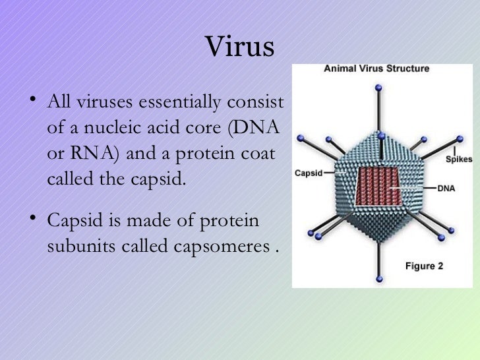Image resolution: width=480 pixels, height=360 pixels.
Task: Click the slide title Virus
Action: (239, 47)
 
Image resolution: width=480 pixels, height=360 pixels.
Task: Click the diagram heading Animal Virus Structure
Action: (376, 69)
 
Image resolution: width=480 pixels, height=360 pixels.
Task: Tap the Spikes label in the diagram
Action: (458, 159)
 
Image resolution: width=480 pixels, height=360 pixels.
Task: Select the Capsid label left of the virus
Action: (308, 173)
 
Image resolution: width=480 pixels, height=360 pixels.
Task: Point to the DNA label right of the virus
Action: (446, 188)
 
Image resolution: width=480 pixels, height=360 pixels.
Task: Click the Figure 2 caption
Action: (428, 266)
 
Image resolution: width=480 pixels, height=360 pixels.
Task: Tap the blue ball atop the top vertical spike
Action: (378, 86)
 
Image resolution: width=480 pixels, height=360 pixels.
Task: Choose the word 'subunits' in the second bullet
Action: (76, 247)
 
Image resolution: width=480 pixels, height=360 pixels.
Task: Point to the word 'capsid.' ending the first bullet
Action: (154, 177)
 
